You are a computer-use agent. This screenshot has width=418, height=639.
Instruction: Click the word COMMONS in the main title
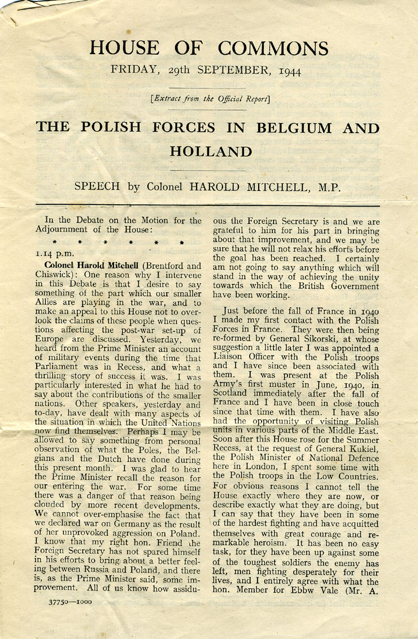pos(273,48)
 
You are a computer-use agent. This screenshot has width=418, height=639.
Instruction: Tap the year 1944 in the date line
pos(289,71)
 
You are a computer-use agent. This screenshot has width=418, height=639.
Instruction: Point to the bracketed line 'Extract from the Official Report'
pos(210,99)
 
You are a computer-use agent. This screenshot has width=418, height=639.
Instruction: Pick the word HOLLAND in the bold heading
pos(210,151)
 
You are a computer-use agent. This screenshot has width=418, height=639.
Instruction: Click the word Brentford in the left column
pos(166,266)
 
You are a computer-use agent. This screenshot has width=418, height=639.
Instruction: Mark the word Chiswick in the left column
pos(63,275)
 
